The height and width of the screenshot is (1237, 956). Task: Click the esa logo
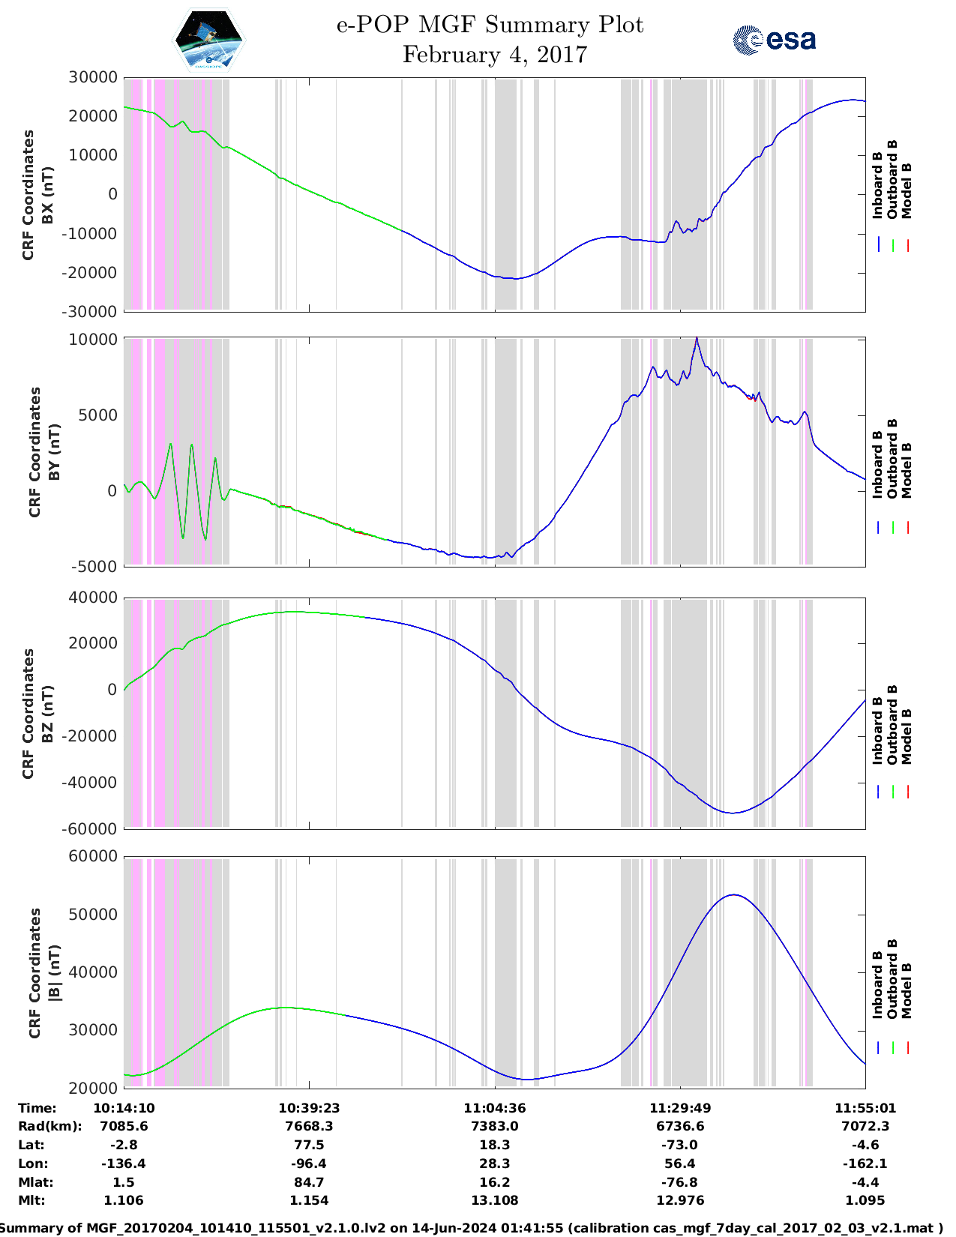(x=774, y=40)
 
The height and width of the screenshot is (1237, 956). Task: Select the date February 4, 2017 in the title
(x=494, y=55)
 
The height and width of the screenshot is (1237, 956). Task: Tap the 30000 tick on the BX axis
(x=93, y=77)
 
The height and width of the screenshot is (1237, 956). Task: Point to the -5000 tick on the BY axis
(x=94, y=566)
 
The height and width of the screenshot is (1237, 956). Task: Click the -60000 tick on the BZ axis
(x=90, y=828)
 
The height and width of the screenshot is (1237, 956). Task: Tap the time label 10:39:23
(x=309, y=1108)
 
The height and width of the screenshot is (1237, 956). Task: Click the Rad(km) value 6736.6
(x=680, y=1126)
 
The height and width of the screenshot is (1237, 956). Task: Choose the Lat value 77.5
(x=309, y=1145)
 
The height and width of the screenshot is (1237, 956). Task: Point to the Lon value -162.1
(x=865, y=1164)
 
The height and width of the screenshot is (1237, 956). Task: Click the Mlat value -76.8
(x=680, y=1182)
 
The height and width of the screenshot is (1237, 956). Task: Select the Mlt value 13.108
(x=494, y=1200)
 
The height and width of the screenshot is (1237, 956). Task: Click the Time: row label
(x=37, y=1108)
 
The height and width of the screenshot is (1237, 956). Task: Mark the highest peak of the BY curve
(x=697, y=339)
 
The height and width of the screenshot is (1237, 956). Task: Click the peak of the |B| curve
(x=734, y=894)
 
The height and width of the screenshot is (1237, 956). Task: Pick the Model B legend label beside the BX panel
(x=907, y=190)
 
